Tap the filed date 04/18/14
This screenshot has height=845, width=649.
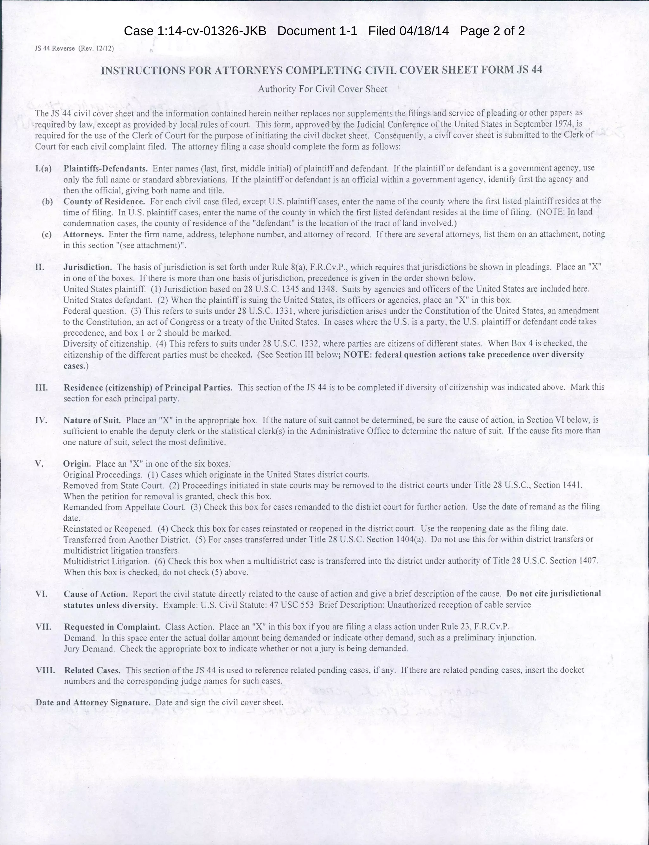(x=424, y=31)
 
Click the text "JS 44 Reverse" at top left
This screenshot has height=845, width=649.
(x=55, y=49)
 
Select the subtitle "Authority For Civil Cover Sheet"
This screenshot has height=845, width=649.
(x=323, y=89)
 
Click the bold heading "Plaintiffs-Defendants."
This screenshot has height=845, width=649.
(x=106, y=169)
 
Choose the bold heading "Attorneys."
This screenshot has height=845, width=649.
(x=83, y=234)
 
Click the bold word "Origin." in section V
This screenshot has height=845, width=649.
(x=77, y=464)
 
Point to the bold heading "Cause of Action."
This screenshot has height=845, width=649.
(x=96, y=594)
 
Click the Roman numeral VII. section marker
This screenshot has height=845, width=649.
(x=44, y=626)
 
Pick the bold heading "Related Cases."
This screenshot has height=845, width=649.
(x=92, y=670)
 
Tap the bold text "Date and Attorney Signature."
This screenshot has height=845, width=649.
(x=93, y=702)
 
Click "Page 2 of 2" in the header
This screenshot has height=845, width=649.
(x=492, y=31)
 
